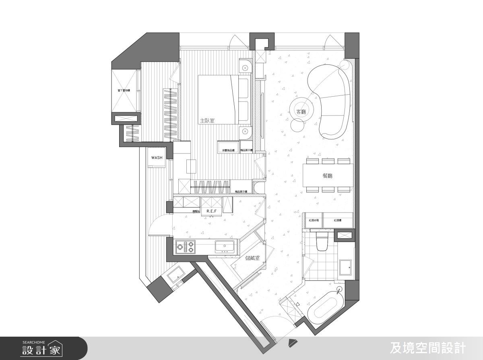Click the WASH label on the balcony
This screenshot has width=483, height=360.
coord(157,158)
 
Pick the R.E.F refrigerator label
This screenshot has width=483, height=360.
coord(212,211)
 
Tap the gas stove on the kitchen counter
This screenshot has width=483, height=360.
coord(185,246)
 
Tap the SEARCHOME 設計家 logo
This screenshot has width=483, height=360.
coord(42,347)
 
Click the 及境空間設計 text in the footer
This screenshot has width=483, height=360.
coord(428,348)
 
